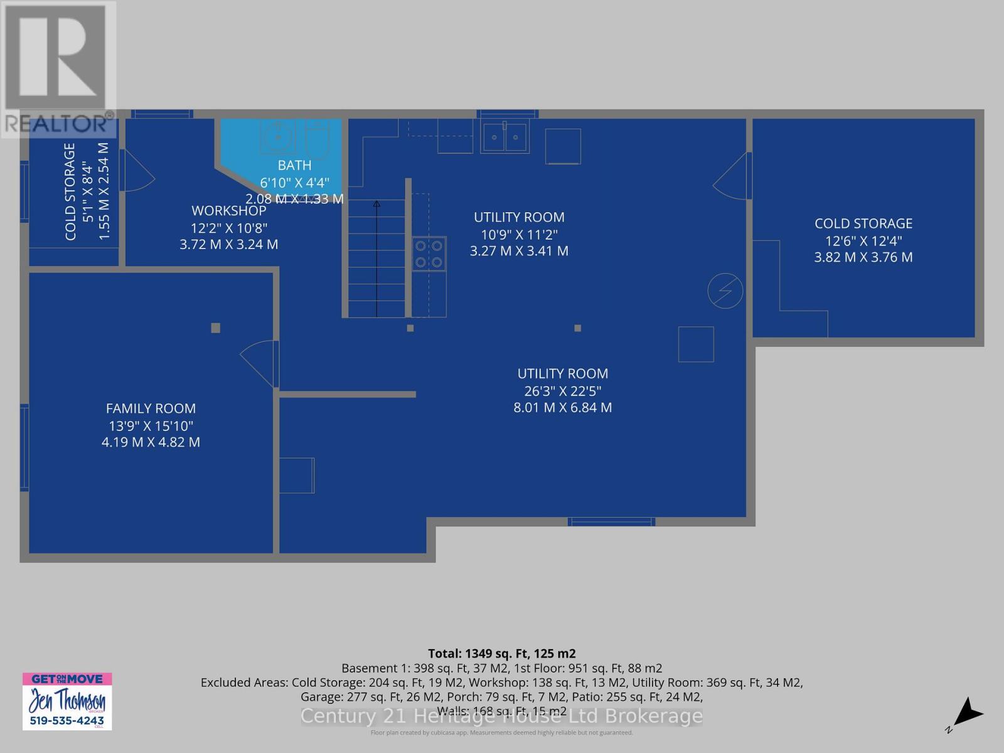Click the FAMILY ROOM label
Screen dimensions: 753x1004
click(151, 409)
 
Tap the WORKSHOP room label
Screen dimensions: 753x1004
click(228, 211)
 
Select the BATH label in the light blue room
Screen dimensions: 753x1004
click(294, 165)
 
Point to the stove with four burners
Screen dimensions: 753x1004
click(429, 254)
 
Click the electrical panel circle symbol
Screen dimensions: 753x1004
click(725, 291)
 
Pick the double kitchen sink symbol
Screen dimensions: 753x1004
click(505, 137)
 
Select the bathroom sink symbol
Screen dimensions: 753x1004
click(277, 137)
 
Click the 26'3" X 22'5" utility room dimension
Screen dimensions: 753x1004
click(562, 391)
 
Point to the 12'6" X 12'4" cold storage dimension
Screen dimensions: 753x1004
click(863, 240)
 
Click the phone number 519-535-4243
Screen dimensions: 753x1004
click(67, 721)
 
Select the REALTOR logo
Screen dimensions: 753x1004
click(58, 69)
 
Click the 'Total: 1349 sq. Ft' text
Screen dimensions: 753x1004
click(501, 653)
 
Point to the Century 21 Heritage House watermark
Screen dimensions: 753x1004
click(501, 716)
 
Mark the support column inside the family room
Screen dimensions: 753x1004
click(215, 328)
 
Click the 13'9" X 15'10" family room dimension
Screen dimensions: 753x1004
click(151, 425)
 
